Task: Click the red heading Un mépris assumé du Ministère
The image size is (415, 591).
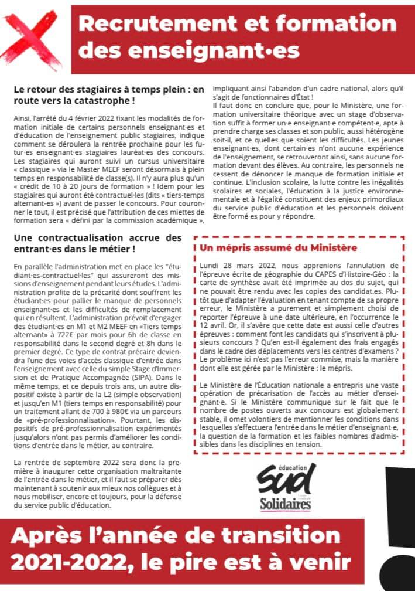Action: pos(278,248)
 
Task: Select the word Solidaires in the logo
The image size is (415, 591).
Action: pos(286,504)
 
